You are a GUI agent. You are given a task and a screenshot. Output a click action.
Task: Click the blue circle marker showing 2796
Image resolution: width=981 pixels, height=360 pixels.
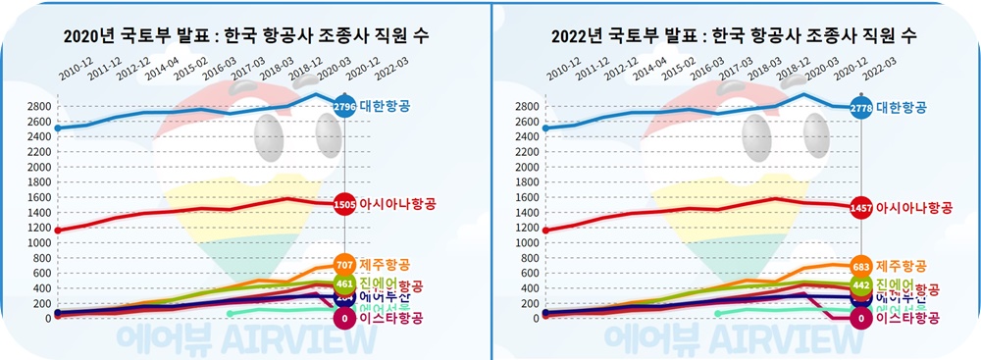(344, 106)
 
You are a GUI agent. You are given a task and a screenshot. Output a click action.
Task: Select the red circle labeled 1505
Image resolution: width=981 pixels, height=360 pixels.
(344, 205)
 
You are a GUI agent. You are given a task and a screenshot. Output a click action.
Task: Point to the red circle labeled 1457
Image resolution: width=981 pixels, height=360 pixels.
(861, 208)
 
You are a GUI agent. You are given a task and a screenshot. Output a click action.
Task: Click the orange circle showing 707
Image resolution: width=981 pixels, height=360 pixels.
(344, 265)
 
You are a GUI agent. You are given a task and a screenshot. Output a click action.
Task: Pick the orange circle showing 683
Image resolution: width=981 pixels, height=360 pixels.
(861, 266)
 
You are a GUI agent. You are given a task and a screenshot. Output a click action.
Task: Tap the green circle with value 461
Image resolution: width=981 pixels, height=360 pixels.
(344, 284)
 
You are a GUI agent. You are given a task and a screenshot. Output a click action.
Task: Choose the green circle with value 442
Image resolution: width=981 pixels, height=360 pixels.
(861, 284)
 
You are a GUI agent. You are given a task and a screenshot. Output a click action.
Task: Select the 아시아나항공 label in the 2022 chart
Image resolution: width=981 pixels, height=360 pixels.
(914, 208)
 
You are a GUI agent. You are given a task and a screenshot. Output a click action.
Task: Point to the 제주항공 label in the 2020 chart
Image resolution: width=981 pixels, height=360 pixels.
(386, 265)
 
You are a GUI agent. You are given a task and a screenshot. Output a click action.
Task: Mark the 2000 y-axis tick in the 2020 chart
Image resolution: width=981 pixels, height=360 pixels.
(38, 167)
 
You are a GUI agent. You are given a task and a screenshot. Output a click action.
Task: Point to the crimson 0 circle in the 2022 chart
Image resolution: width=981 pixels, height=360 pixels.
(861, 319)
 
